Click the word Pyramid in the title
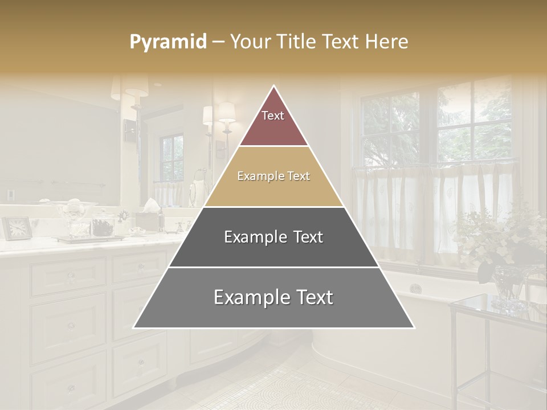(x=168, y=42)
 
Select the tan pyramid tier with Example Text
(x=273, y=177)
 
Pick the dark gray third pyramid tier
(x=273, y=237)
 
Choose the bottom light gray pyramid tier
(x=273, y=298)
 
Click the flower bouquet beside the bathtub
(x=501, y=239)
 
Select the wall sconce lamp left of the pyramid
(x=227, y=114)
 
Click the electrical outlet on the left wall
(x=10, y=195)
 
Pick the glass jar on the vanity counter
(x=77, y=222)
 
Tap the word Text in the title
(x=341, y=42)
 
